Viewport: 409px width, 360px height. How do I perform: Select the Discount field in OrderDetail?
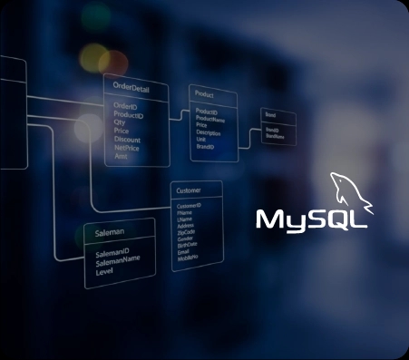coord(127,140)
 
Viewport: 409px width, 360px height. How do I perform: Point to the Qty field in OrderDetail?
coord(119,122)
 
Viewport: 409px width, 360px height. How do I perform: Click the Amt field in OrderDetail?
coord(121,156)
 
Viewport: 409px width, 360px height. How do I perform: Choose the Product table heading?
coord(205,94)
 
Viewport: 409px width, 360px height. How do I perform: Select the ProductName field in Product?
coord(210,118)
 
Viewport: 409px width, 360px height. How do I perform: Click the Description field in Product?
coord(209,131)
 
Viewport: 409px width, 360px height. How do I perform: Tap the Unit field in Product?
coord(200,138)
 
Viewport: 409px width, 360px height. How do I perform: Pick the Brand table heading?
coord(269,115)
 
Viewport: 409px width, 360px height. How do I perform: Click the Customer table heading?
coord(189,191)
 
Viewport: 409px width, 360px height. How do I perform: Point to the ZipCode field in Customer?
coord(185,231)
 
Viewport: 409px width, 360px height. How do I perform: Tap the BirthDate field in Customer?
coord(186,244)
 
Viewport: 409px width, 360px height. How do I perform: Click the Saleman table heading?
coord(110,233)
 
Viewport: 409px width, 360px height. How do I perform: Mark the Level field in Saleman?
coord(104,270)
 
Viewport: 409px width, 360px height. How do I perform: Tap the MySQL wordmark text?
coord(311,219)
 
